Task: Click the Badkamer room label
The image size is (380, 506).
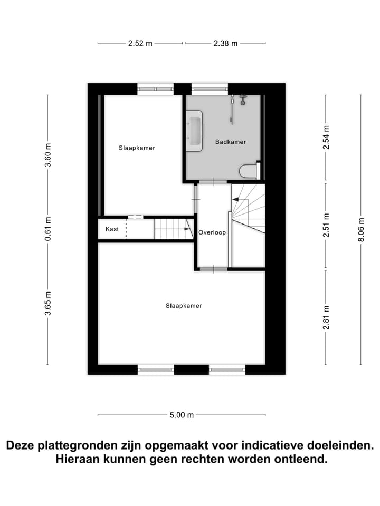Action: coord(231,142)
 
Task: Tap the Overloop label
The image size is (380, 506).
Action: coord(212,232)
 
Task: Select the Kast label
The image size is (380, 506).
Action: coord(112,229)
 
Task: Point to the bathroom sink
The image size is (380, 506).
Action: coord(194,131)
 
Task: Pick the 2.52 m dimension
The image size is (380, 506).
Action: coord(140,44)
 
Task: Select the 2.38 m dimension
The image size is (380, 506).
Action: coord(225,44)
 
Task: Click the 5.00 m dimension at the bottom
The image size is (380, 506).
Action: coord(182,415)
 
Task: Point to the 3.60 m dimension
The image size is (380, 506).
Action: coord(47,155)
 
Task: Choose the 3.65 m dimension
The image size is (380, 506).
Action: coord(47,304)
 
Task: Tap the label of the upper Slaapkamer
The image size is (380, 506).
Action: coord(137,148)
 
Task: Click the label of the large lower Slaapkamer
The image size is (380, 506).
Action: coord(184,305)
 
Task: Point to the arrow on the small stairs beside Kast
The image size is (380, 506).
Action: coord(187,229)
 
